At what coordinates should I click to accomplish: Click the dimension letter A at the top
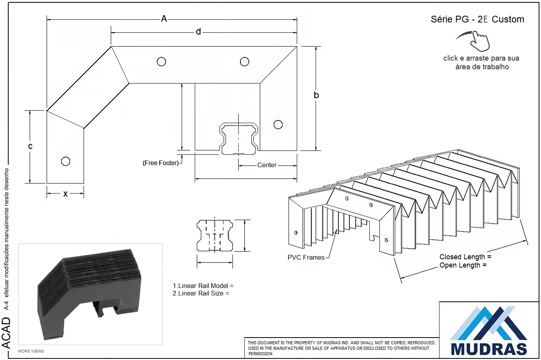coord(164,19)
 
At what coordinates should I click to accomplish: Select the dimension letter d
coord(198,31)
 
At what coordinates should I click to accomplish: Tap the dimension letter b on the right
coord(316,95)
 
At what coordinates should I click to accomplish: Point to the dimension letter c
coord(30,146)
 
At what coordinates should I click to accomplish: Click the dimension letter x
coord(65,194)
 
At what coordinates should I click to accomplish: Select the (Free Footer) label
coord(161,163)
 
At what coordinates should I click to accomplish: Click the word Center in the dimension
coord(267,165)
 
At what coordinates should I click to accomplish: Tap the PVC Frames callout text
coord(306,257)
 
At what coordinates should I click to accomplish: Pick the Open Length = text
coord(463,265)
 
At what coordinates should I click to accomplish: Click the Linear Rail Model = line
coord(203,286)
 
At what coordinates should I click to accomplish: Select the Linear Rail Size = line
coord(201,294)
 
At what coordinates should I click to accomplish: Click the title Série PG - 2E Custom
coord(477,19)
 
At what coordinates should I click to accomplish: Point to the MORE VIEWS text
coord(31,351)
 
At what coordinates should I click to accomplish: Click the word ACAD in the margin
coord(6,333)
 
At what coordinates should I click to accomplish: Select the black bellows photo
coord(89,294)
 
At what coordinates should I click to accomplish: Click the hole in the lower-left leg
coord(66,161)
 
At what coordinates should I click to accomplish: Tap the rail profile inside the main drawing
coord(238,138)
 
